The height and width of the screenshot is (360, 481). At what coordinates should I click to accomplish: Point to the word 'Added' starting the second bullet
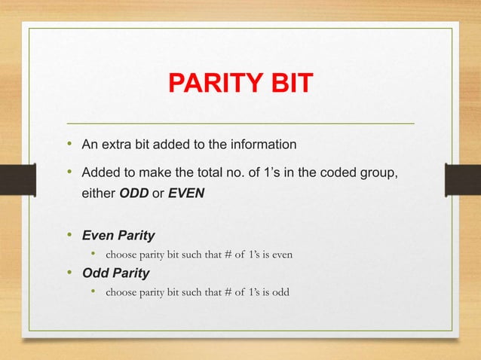[x=99, y=174]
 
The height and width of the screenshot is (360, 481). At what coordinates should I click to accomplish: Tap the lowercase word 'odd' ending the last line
[x=279, y=291]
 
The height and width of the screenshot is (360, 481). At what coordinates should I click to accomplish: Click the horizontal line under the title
[x=240, y=122]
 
